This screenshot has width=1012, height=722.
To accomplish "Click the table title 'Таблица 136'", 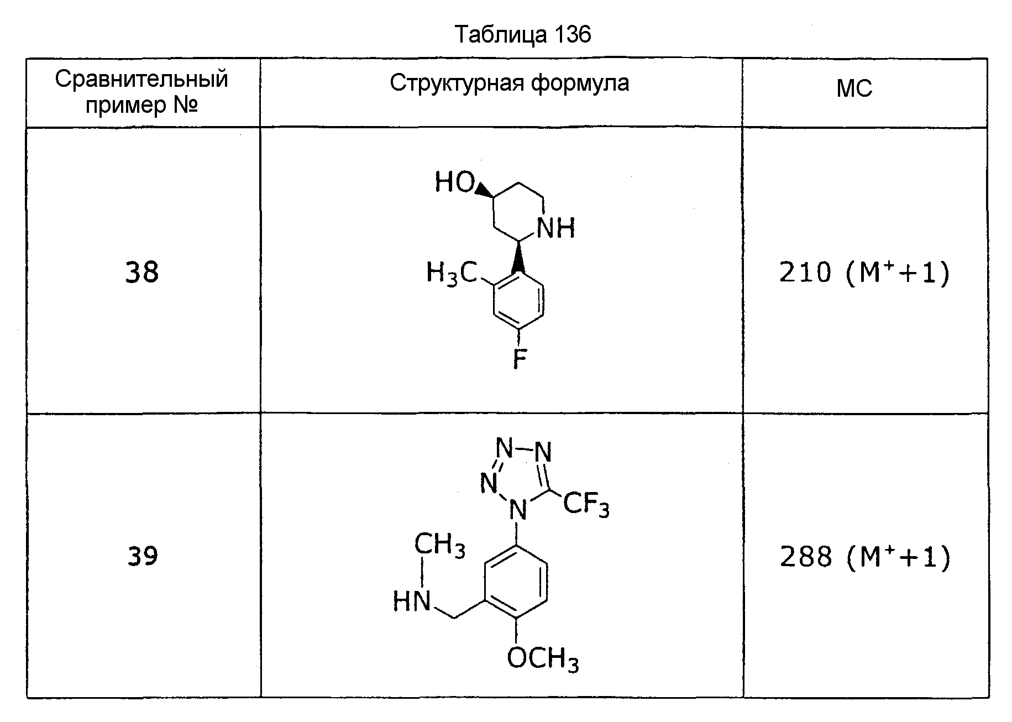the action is pyautogui.click(x=523, y=34).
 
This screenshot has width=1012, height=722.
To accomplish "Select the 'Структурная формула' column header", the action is pyautogui.click(x=509, y=83).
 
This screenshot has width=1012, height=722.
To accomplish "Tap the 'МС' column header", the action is pyautogui.click(x=854, y=88).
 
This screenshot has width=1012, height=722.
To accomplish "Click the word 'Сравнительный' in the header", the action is pyautogui.click(x=141, y=79).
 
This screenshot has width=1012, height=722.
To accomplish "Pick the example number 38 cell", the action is pyautogui.click(x=142, y=272).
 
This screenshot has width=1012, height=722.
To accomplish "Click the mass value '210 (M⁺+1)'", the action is pyautogui.click(x=864, y=273).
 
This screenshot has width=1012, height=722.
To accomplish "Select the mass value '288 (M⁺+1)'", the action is pyautogui.click(x=864, y=556).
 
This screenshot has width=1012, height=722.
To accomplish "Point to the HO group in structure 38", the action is pyautogui.click(x=454, y=182).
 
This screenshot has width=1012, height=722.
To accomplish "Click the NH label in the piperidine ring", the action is pyautogui.click(x=556, y=227).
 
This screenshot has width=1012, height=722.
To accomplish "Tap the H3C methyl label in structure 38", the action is pyautogui.click(x=452, y=273).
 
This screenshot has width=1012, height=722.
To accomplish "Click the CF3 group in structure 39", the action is pyautogui.click(x=586, y=504).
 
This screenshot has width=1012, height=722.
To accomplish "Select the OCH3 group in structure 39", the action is pyautogui.click(x=543, y=659).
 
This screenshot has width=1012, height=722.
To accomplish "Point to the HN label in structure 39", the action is pyautogui.click(x=412, y=601).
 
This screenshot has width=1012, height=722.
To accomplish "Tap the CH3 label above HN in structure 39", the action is pyautogui.click(x=439, y=545).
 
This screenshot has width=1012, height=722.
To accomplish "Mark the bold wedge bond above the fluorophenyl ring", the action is pyautogui.click(x=518, y=257).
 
